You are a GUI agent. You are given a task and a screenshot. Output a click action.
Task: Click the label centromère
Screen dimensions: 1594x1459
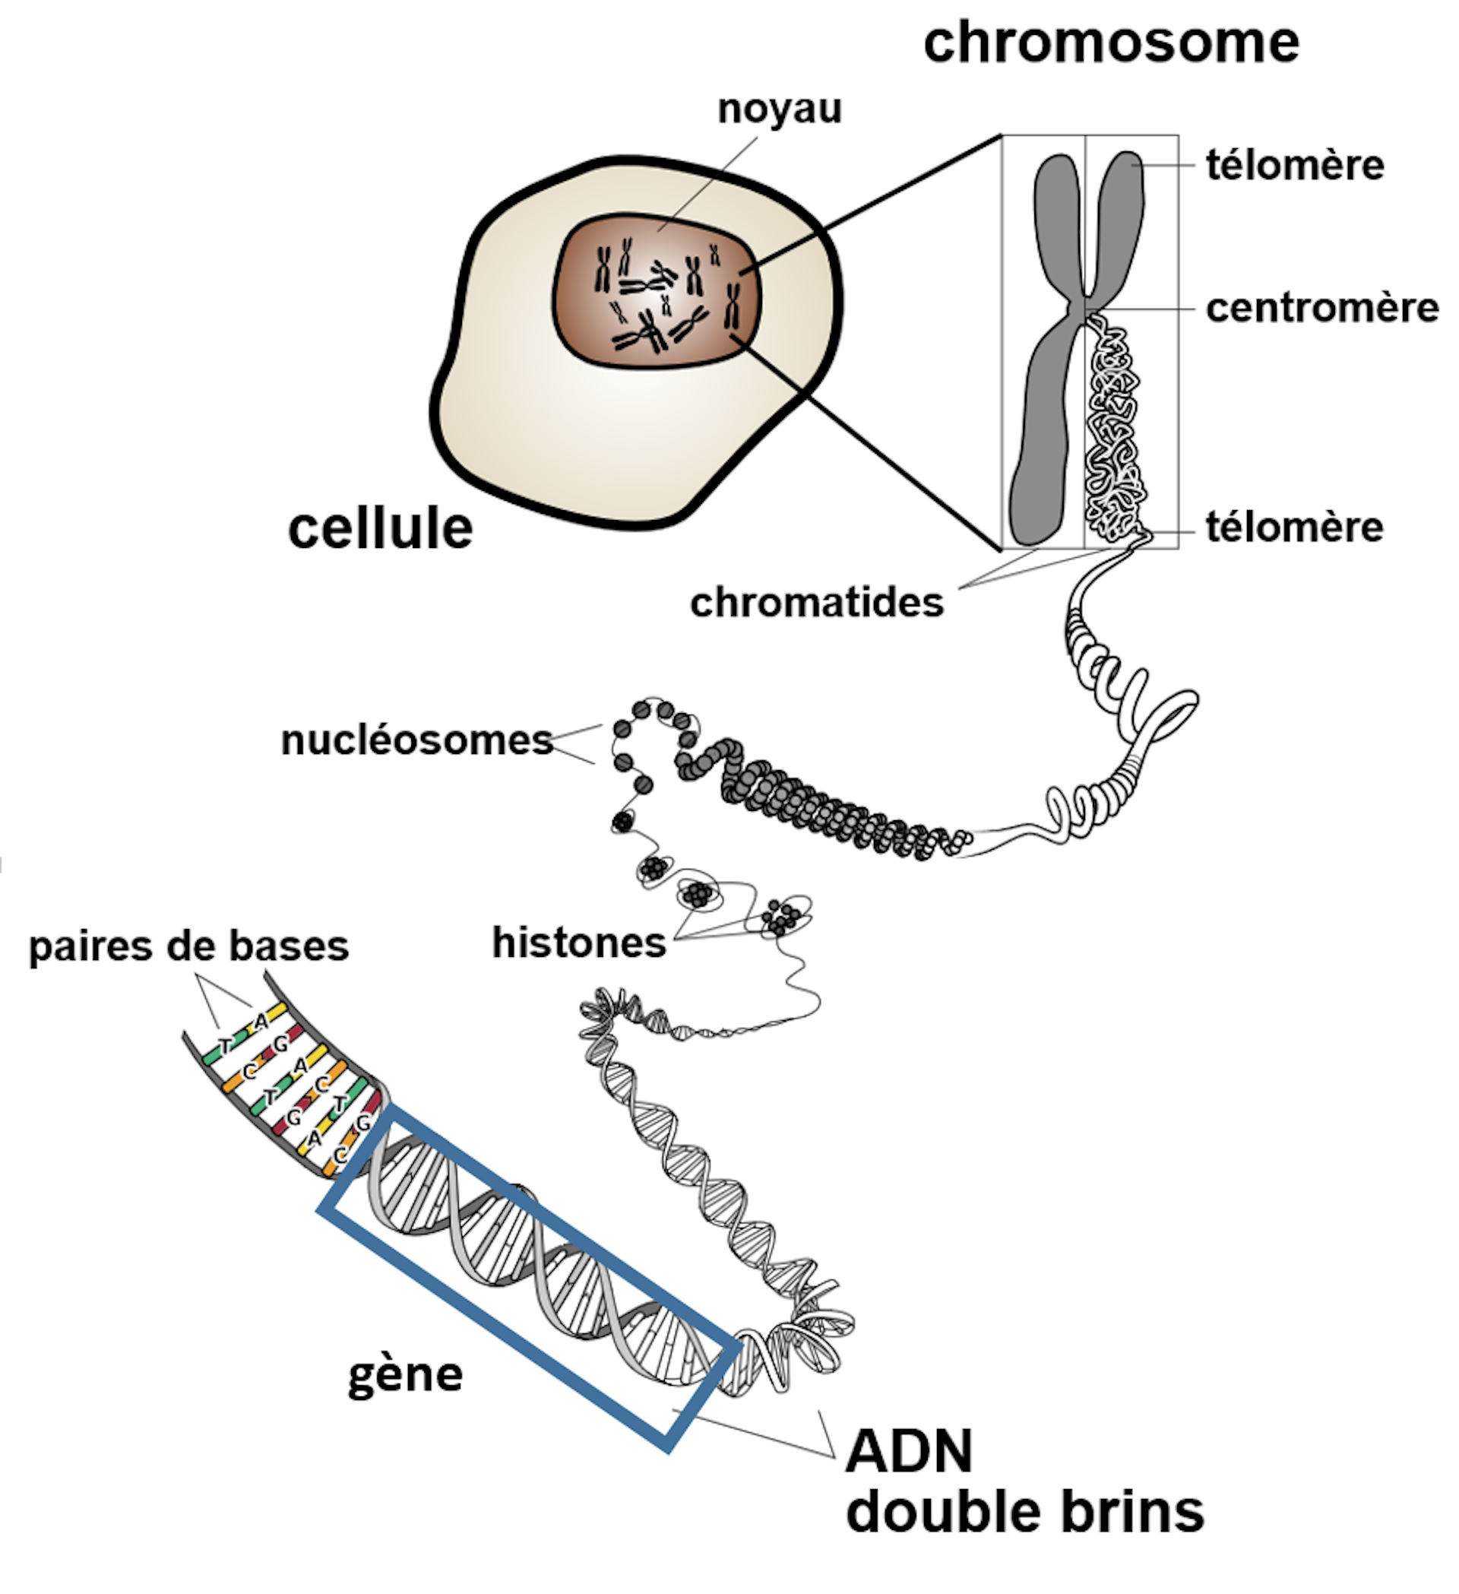pyautogui.click(x=1321, y=309)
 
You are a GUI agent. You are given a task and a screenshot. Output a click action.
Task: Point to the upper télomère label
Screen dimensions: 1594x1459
pyautogui.click(x=1295, y=166)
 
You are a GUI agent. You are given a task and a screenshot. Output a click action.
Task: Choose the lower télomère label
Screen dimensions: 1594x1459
pyautogui.click(x=1295, y=528)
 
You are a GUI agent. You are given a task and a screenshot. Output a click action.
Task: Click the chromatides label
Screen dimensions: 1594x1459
pyautogui.click(x=816, y=604)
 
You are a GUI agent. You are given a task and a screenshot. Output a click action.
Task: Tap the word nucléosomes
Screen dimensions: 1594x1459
pyautogui.click(x=416, y=741)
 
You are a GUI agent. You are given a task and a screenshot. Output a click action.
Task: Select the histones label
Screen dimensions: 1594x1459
pyautogui.click(x=579, y=943)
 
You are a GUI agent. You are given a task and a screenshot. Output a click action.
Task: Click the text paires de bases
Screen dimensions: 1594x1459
pyautogui.click(x=189, y=946)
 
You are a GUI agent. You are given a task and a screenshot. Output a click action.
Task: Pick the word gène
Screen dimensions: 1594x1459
pyautogui.click(x=406, y=1374)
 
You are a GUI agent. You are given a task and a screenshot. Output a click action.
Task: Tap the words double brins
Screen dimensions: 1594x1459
pyautogui.click(x=1024, y=1512)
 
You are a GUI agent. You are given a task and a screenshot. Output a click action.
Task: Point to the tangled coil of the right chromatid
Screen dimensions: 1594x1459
pyautogui.click(x=1116, y=427)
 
